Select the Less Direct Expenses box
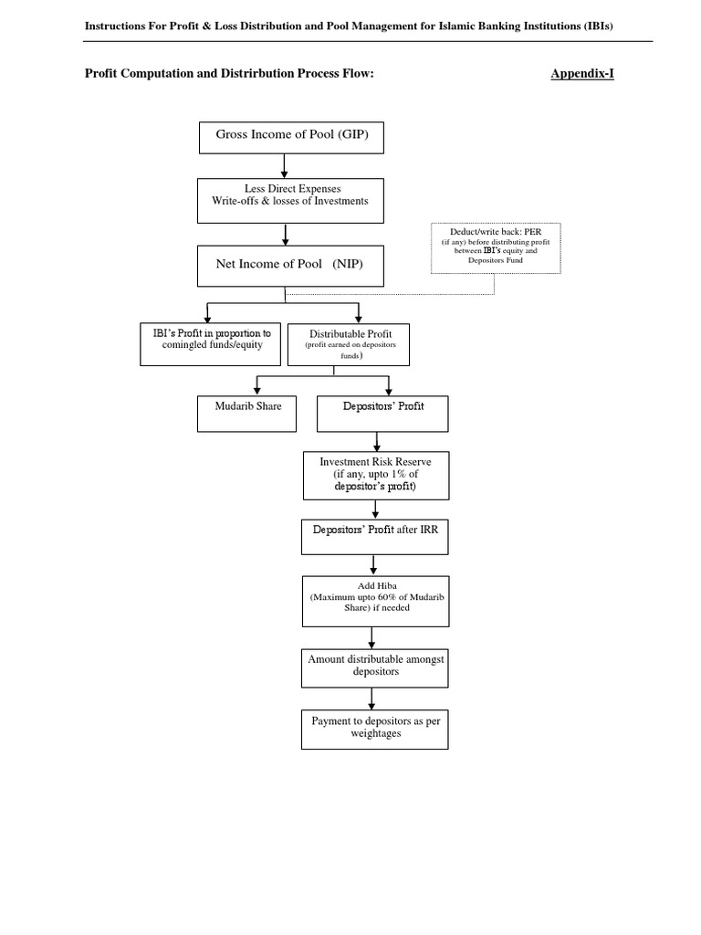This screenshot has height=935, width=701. (x=286, y=200)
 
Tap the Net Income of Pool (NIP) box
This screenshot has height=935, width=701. (x=286, y=265)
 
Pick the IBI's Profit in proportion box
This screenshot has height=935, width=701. (x=205, y=343)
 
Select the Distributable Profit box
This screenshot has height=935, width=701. (x=347, y=343)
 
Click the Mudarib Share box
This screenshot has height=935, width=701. (x=241, y=413)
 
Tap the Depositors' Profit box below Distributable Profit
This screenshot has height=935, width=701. (x=382, y=413)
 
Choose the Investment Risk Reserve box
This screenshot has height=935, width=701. (x=376, y=476)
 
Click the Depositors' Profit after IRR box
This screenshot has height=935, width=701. (x=375, y=537)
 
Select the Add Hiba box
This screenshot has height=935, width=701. (x=375, y=601)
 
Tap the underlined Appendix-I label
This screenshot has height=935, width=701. (x=581, y=74)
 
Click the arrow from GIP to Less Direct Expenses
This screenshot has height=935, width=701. (x=286, y=165)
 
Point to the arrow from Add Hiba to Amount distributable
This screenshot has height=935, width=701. (x=371, y=637)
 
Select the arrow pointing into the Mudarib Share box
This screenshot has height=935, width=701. (x=256, y=384)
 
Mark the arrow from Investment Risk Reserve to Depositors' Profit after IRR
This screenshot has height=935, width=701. (x=375, y=510)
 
